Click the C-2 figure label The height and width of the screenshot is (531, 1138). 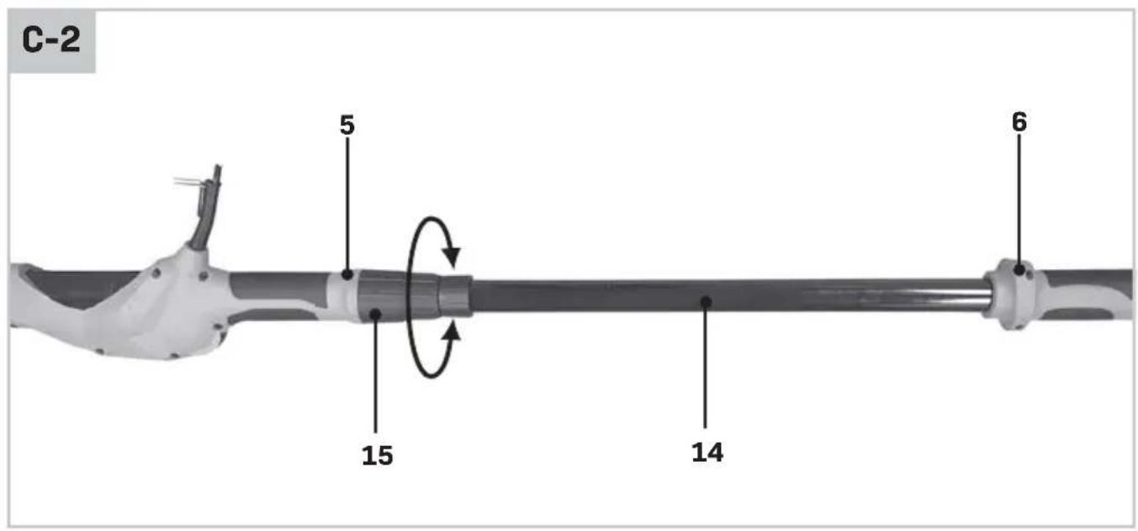tap(51, 40)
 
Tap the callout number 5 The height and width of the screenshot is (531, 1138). tap(347, 125)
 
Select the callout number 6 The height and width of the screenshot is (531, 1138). tap(1019, 122)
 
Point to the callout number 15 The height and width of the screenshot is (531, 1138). tap(377, 455)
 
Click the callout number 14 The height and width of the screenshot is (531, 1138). tap(707, 452)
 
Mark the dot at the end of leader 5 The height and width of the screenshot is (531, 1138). tap(347, 275)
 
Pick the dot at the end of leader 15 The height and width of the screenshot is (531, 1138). tap(375, 315)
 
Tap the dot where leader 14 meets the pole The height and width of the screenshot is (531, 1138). tap(705, 302)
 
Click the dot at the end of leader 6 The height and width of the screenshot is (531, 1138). tap(1019, 270)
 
